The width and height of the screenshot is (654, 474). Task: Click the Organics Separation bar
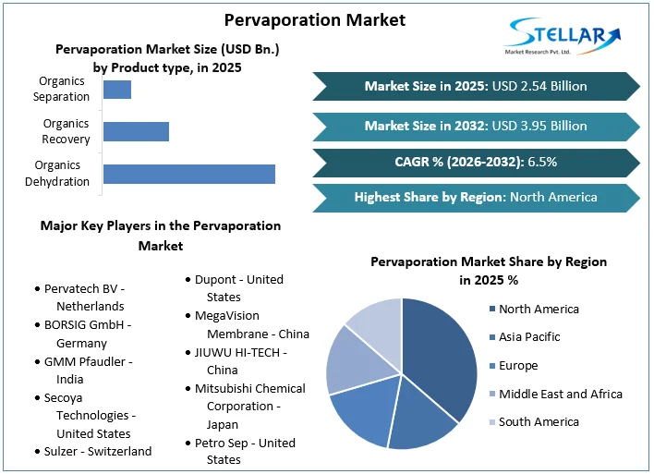tap(117, 90)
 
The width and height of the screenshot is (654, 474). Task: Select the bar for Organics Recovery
tap(136, 131)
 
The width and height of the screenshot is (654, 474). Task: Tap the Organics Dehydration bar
tap(189, 174)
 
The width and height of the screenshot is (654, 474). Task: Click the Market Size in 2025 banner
tap(476, 86)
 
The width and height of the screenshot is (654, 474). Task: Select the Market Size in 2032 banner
tap(476, 126)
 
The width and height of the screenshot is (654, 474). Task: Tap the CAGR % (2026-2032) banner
tap(476, 162)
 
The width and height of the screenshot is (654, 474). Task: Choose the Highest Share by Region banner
tap(476, 197)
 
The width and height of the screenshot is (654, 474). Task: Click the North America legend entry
tap(538, 309)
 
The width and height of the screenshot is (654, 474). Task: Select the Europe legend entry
tap(518, 365)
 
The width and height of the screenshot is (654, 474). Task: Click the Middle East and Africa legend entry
tap(560, 394)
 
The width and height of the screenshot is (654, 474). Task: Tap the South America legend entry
tap(539, 421)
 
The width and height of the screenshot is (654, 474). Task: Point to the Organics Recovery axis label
tap(67, 131)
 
